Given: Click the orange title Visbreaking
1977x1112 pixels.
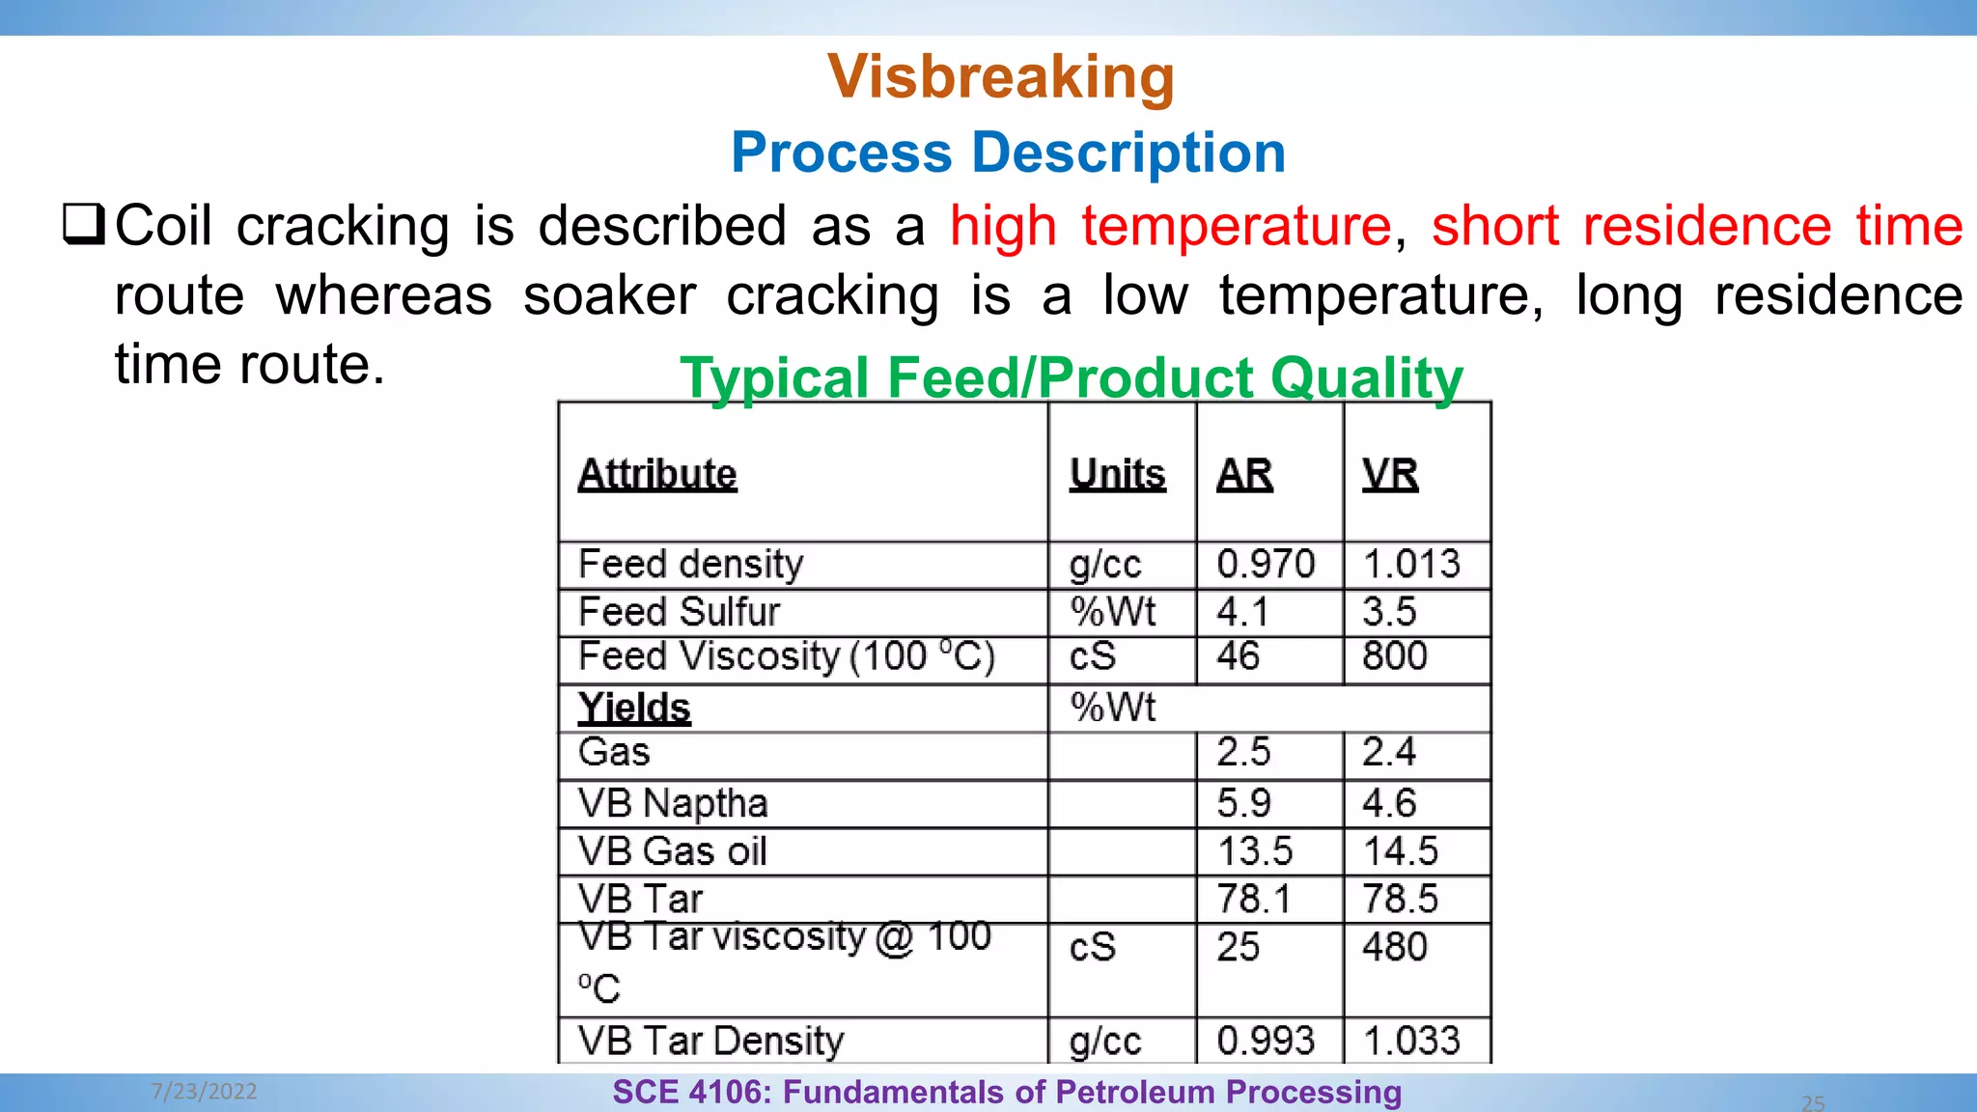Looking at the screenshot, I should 1001,76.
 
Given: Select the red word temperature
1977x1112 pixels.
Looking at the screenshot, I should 1237,226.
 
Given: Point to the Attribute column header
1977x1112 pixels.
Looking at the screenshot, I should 657,474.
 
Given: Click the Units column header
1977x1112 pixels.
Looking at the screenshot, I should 1117,474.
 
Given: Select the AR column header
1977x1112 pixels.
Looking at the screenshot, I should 1244,474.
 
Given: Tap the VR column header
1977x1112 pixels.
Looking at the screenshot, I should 1390,474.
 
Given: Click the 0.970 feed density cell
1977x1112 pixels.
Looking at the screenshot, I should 1266,564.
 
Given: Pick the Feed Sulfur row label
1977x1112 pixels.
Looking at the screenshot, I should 679,612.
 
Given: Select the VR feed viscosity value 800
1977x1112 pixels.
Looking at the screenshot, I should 1394,656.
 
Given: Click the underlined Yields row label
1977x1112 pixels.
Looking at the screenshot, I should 634,708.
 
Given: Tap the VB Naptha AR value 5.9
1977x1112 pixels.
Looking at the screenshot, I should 1243,803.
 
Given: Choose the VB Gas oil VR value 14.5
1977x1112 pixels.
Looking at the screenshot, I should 1400,851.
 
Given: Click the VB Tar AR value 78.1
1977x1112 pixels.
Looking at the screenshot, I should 1253,899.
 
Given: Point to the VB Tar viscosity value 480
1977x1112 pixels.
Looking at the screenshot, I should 1394,947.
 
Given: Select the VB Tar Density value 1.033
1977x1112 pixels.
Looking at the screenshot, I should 1411,1041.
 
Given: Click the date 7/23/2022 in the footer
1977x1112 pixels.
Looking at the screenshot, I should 205,1092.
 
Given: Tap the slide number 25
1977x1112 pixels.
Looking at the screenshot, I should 1813,1102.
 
